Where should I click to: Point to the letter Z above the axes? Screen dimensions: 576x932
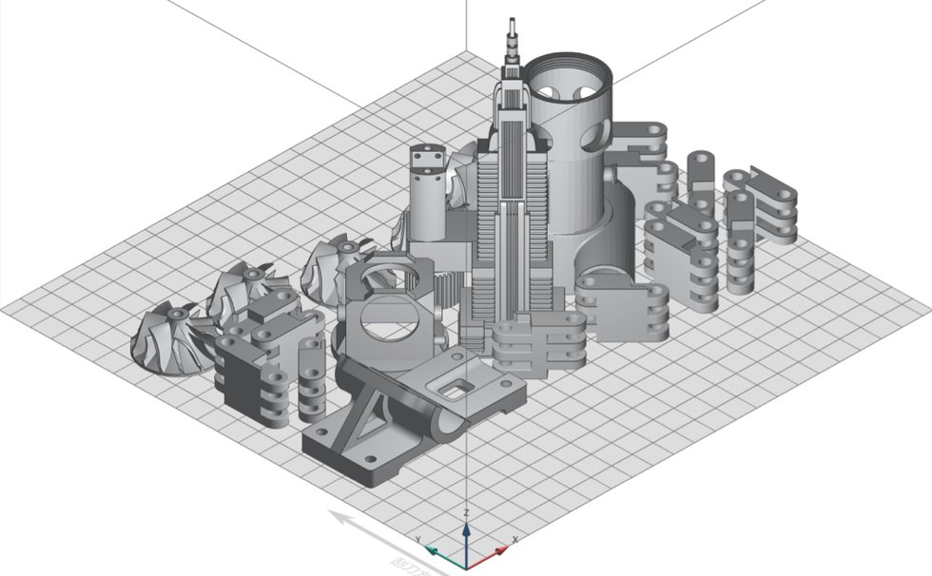point(466,513)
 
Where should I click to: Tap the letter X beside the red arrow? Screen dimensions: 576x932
point(515,541)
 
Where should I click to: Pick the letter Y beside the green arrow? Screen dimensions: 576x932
point(418,541)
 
